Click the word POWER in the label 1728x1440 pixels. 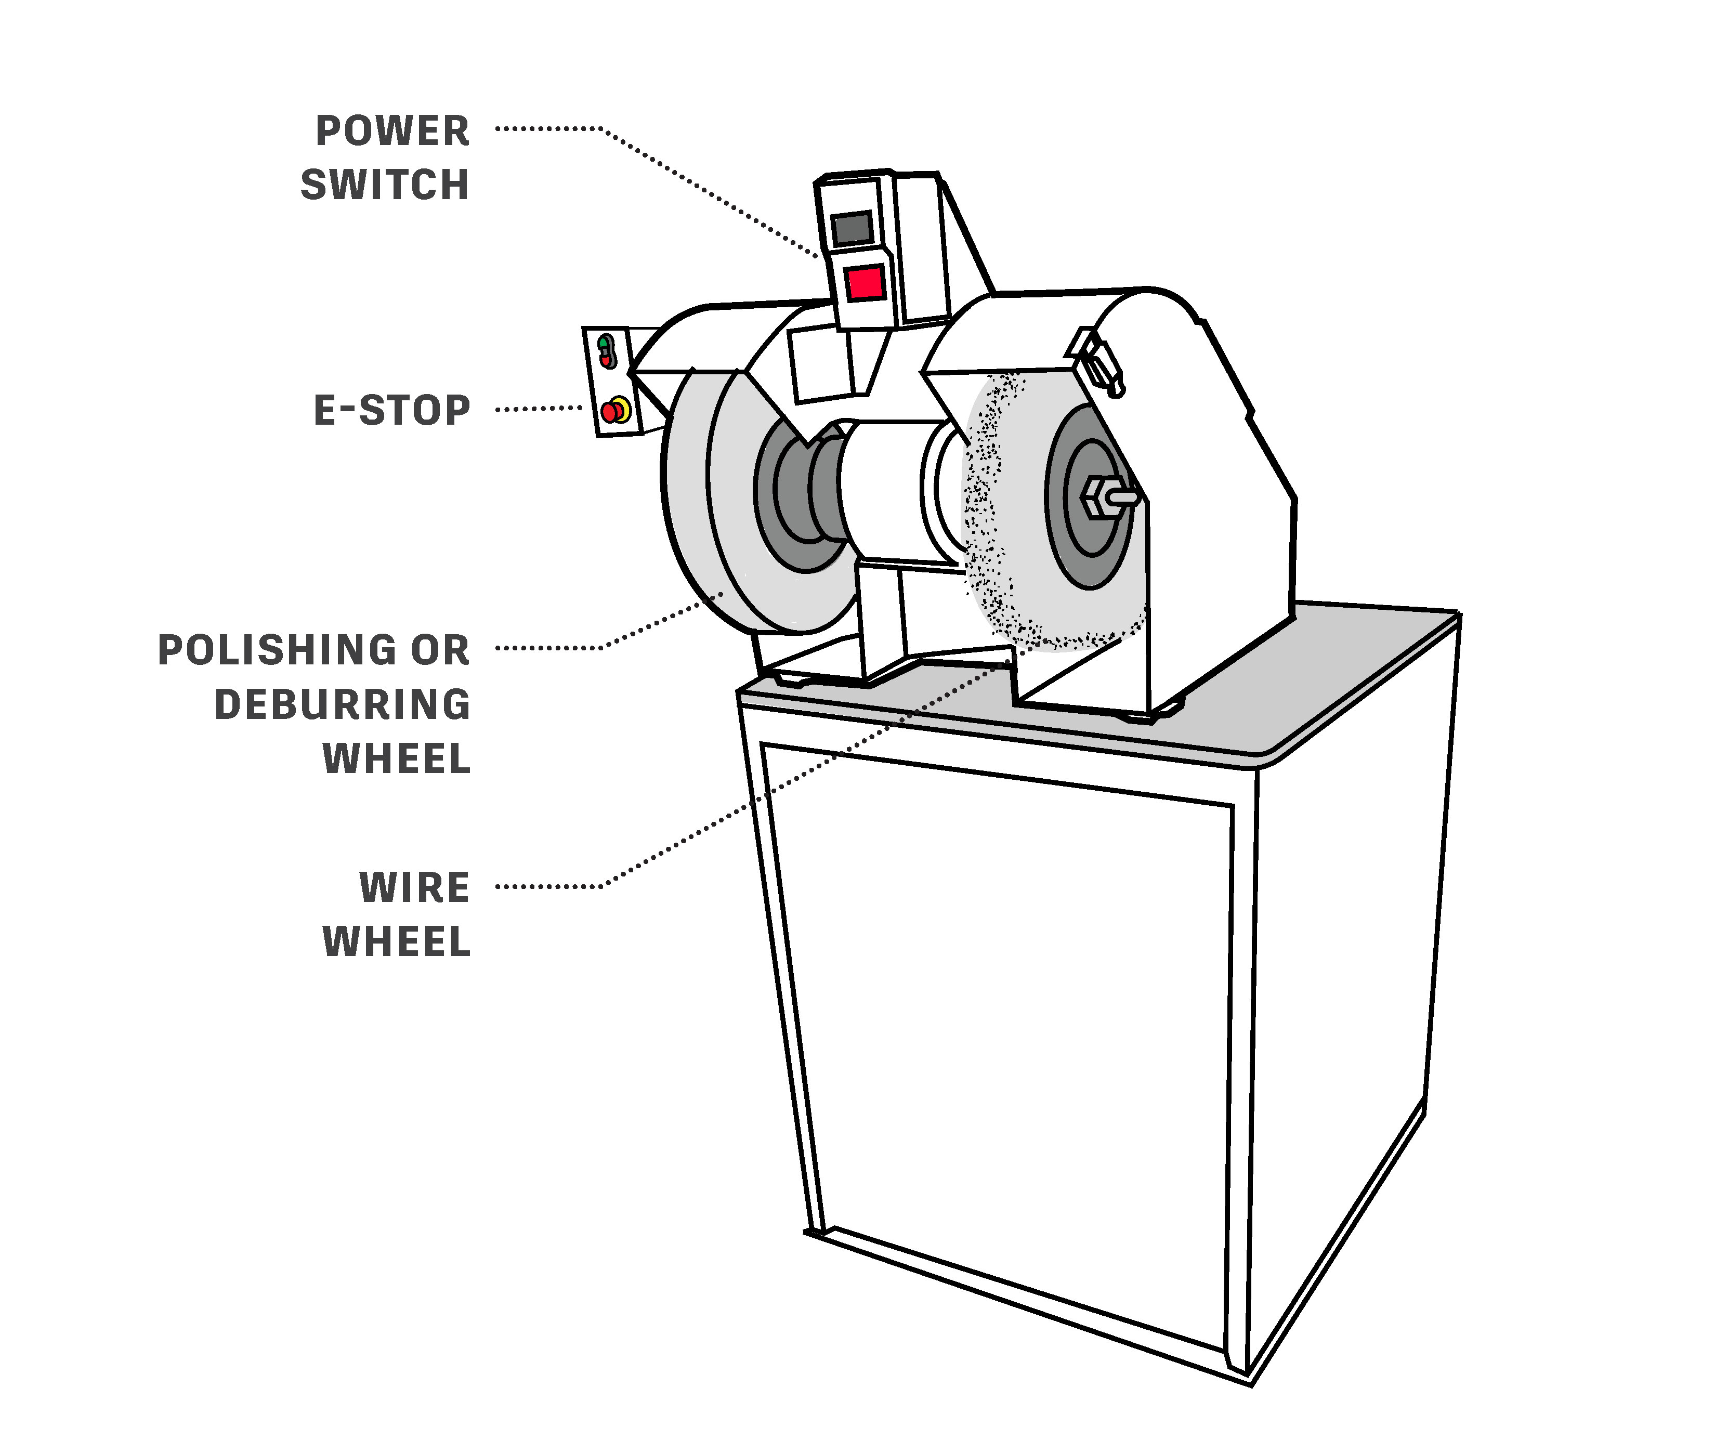pyautogui.click(x=392, y=132)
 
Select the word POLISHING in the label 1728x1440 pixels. pyautogui.click(x=277, y=650)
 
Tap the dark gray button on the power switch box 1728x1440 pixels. pyautogui.click(x=852, y=229)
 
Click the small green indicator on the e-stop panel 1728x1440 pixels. pyautogui.click(x=604, y=342)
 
